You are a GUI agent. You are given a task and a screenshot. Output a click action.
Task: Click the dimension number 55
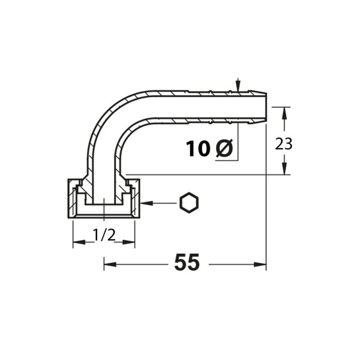[187, 262]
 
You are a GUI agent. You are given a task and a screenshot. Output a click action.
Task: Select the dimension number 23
[284, 144]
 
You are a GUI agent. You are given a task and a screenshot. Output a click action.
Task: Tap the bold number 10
[198, 149]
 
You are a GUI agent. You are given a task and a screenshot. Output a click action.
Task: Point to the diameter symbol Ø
[224, 148]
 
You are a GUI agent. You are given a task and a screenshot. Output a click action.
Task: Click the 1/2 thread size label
[104, 235]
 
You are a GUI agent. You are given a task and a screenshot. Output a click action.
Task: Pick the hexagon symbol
[189, 203]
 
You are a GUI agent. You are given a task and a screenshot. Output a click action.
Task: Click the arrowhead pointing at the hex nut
[146, 203]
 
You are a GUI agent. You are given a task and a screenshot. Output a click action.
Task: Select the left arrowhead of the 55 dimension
[110, 265]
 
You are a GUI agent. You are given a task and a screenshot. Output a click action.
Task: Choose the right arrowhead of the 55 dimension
[260, 265]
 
